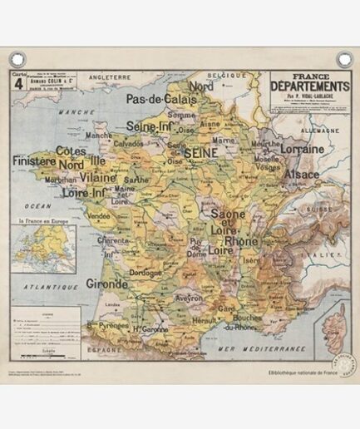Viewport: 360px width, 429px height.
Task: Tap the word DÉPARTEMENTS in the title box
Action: coord(310,86)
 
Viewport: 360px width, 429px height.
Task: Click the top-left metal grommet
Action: coord(17,59)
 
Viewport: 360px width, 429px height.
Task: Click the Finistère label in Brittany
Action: coord(34,160)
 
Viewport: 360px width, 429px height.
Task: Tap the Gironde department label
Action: coord(106,284)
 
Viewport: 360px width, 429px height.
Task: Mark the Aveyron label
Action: coord(188,297)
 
